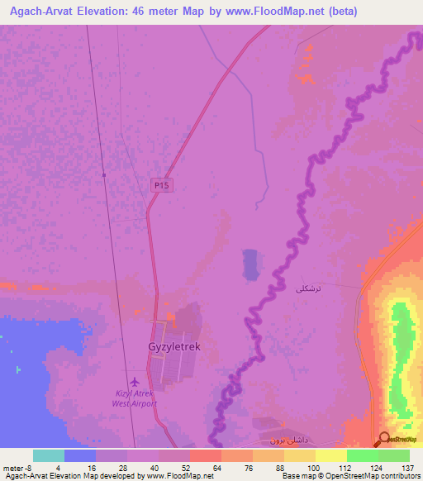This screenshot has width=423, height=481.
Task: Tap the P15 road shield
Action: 161,186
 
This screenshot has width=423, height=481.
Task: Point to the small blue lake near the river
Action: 250,265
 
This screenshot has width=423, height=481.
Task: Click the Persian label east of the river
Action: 307,288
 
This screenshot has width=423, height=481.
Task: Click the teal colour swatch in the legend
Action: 48,455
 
